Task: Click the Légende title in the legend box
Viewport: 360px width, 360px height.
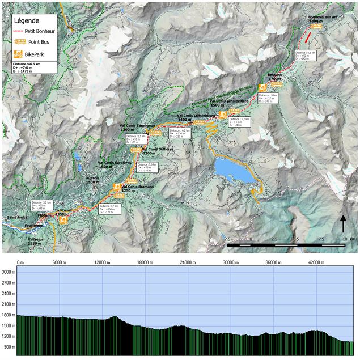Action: pyautogui.click(x=27, y=20)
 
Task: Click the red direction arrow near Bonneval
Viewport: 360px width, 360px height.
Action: pyautogui.click(x=307, y=38)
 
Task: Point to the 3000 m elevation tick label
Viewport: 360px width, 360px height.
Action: pyautogui.click(x=8, y=273)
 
